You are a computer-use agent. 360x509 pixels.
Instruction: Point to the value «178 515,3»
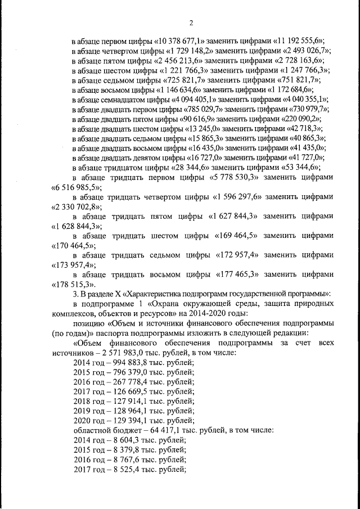tap(75, 285)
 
